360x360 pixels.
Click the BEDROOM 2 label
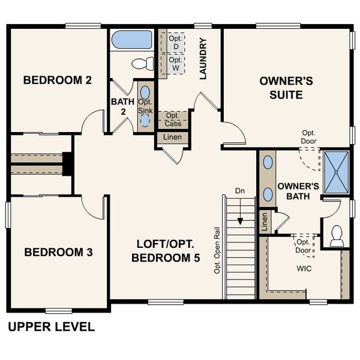(x=58, y=80)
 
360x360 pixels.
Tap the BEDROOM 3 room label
(x=58, y=252)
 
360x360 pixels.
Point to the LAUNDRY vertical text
(x=203, y=59)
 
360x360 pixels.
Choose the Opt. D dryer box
(x=176, y=41)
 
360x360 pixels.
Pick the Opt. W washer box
(x=176, y=64)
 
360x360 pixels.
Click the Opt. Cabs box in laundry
(x=173, y=119)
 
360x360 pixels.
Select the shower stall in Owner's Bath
(x=337, y=172)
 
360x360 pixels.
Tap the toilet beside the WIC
(x=337, y=235)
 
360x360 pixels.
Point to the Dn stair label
(x=240, y=191)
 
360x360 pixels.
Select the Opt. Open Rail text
(x=217, y=250)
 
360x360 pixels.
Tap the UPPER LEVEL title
(x=51, y=327)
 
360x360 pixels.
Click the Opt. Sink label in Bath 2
(x=145, y=107)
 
